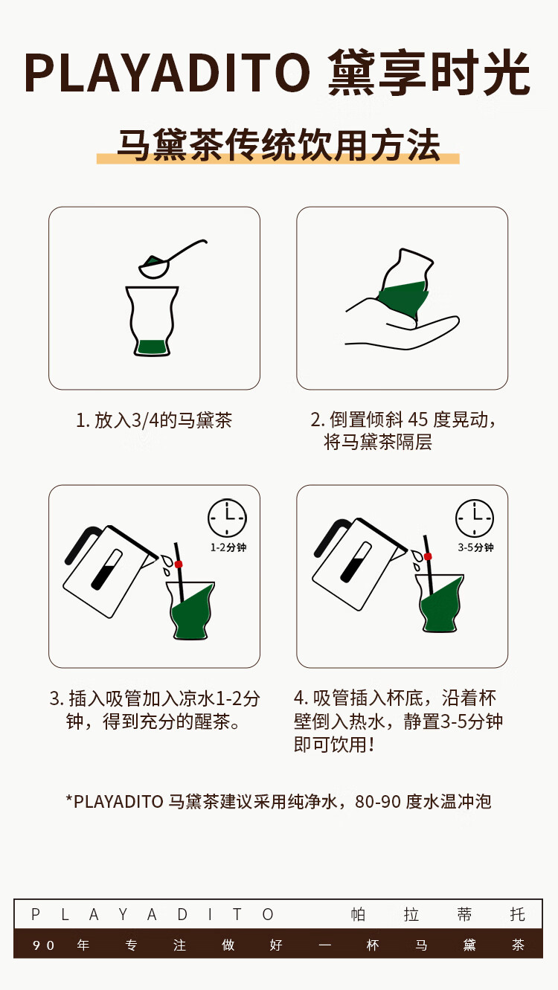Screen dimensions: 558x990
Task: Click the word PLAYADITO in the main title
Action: pos(167,73)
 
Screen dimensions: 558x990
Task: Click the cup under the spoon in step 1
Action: pos(152,321)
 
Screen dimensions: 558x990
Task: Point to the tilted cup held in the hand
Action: pos(405,283)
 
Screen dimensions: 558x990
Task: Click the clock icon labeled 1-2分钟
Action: pos(227,518)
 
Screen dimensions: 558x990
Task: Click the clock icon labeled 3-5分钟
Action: pos(475,518)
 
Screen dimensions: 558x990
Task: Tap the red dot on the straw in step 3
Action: pos(179,565)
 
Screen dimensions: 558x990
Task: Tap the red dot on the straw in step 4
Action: pos(428,556)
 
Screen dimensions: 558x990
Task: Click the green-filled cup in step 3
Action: pos(191,611)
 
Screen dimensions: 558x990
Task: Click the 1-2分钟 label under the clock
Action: pos(228,547)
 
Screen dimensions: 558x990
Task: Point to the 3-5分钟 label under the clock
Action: pos(475,547)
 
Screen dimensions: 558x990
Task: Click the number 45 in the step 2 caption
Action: pos(417,420)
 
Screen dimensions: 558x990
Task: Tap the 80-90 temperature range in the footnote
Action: pos(378,802)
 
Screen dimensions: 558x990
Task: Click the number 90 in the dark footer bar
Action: pos(43,945)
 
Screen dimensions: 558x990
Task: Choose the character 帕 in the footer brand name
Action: pos(358,914)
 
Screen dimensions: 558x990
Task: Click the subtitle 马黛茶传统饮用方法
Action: pos(278,145)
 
